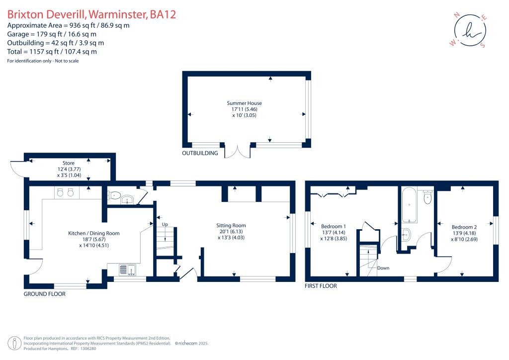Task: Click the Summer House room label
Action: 248,103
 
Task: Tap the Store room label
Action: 69,163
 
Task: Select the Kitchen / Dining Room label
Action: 94,233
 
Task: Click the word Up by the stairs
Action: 165,225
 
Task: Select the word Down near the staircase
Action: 383,268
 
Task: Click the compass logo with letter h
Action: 469,31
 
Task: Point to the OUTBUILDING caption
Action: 200,154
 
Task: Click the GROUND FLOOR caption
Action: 45,294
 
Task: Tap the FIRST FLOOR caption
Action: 321,286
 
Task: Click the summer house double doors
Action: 238,151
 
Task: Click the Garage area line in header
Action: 52,34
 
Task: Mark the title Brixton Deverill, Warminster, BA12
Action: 91,14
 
